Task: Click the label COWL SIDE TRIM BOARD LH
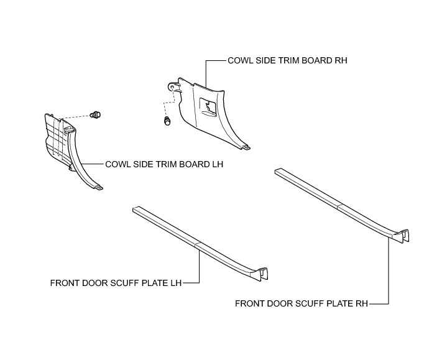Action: pyautogui.click(x=163, y=165)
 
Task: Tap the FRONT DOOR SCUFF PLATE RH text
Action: pyautogui.click(x=302, y=304)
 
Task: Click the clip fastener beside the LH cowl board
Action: pyautogui.click(x=96, y=114)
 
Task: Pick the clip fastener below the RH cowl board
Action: pyautogui.click(x=167, y=121)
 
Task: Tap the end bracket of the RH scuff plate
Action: pyautogui.click(x=403, y=234)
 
